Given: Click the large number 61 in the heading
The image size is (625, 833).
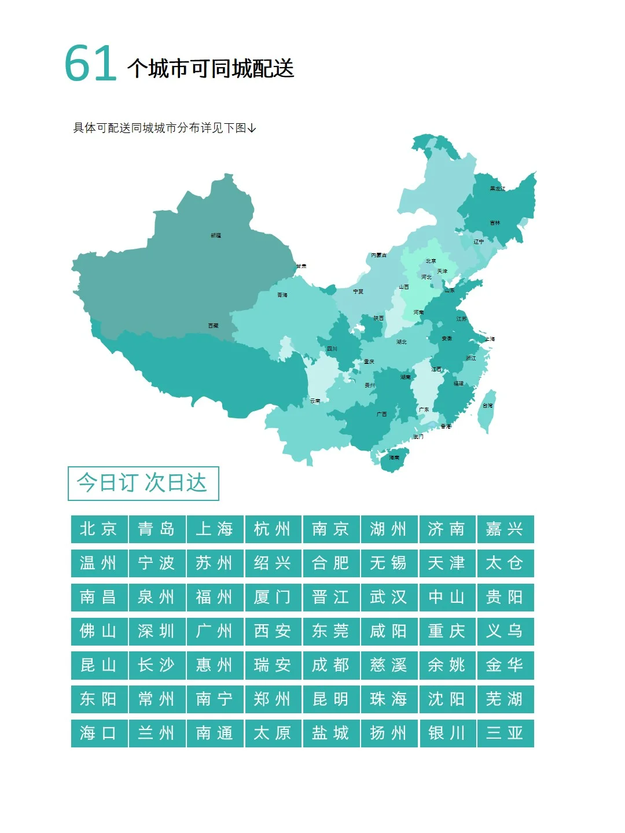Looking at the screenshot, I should pyautogui.click(x=90, y=64).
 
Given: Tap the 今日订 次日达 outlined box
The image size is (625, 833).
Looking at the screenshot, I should pyautogui.click(x=143, y=483).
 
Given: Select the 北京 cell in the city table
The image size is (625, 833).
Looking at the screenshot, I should pyautogui.click(x=99, y=529).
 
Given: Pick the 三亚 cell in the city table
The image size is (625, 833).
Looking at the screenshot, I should pyautogui.click(x=505, y=733).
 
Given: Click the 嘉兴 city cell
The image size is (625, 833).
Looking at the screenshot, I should pyautogui.click(x=505, y=529).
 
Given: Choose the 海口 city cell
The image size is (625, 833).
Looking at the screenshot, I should pyautogui.click(x=99, y=733).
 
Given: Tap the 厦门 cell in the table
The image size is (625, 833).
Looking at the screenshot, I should pyautogui.click(x=273, y=597).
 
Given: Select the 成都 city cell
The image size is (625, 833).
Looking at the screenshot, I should pyautogui.click(x=331, y=665).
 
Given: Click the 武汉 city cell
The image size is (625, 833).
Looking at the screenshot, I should pyautogui.click(x=389, y=597).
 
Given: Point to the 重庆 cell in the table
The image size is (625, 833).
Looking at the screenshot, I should pyautogui.click(x=447, y=631).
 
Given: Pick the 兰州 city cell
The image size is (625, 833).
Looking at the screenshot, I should pyautogui.click(x=157, y=733).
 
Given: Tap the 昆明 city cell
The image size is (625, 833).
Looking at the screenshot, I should pyautogui.click(x=331, y=699).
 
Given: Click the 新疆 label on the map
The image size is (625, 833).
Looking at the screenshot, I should pyautogui.click(x=216, y=235).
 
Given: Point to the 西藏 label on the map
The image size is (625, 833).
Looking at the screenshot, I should pyautogui.click(x=214, y=326).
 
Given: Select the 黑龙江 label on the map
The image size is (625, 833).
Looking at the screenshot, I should pyautogui.click(x=497, y=189).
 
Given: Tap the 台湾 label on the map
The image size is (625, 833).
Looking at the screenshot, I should pyautogui.click(x=488, y=406).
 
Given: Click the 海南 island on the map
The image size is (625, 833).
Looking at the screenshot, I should pyautogui.click(x=394, y=458).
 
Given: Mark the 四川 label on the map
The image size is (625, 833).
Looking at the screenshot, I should pyautogui.click(x=332, y=349).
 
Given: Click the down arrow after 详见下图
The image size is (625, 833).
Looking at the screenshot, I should pyautogui.click(x=252, y=128).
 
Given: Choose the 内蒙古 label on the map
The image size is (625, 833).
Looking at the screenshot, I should pyautogui.click(x=378, y=255).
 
